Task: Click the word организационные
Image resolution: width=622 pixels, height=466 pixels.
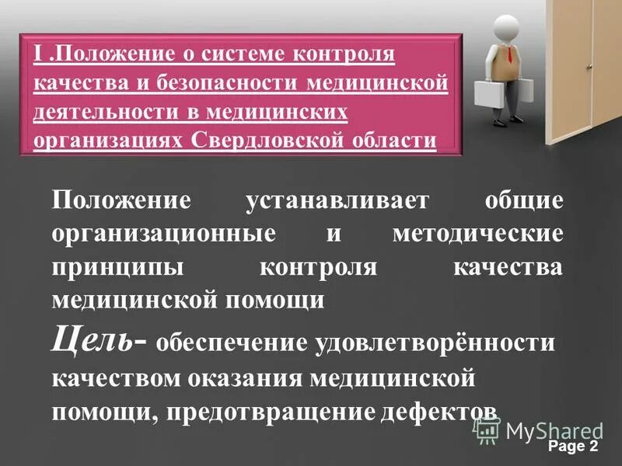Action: pos(164,234)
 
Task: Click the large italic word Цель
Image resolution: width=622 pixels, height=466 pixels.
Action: pos(92,339)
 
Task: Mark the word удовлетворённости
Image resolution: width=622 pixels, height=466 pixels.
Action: pos(435,343)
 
